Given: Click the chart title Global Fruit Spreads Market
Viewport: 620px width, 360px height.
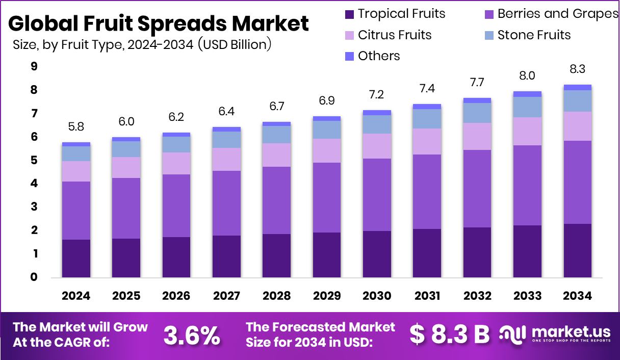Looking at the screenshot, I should (159, 23).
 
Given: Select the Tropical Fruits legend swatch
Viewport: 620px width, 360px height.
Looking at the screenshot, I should (350, 14).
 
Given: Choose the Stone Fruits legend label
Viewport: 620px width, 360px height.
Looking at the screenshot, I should (534, 35).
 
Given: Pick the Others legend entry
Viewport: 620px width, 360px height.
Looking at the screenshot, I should (379, 56).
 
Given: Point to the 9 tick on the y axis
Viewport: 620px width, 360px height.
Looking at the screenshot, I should (34, 66).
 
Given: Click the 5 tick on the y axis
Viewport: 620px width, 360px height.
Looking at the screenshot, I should (34, 160).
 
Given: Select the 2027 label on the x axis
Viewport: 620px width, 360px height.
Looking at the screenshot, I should (226, 296).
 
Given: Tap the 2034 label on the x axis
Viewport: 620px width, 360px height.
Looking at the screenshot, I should (578, 296).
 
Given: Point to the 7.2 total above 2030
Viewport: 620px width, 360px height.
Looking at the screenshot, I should (377, 95).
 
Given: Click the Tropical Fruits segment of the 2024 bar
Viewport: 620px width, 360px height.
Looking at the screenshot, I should (76, 259).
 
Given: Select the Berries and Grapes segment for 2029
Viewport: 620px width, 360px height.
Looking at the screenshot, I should (327, 198).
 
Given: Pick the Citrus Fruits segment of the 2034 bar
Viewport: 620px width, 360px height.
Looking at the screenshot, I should (578, 126).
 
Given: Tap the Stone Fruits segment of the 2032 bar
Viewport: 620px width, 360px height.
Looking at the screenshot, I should (477, 113).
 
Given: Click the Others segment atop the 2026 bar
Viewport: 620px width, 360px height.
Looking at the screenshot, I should (176, 135).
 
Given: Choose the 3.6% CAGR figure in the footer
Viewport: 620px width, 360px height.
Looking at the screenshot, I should (192, 335).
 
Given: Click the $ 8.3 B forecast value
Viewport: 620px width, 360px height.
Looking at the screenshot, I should (450, 335).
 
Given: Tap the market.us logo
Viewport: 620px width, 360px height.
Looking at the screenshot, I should (556, 335).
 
